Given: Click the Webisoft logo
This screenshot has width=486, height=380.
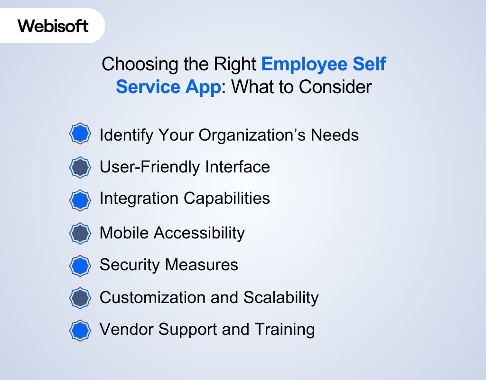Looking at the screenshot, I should click(x=53, y=26).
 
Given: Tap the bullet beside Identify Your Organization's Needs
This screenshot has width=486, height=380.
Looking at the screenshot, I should click(x=80, y=135).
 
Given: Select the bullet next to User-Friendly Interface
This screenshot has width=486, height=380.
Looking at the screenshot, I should click(x=80, y=167).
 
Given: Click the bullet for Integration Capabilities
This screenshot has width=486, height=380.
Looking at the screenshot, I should click(x=80, y=200).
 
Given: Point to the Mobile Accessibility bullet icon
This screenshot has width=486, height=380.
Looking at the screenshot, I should click(x=80, y=233).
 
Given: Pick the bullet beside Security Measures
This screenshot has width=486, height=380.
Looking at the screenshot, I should click(x=80, y=265).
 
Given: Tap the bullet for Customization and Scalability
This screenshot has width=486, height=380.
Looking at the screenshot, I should click(x=80, y=298).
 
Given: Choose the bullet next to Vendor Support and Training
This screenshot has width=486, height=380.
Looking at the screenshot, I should click(x=80, y=330).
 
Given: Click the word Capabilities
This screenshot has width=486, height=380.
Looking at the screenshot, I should click(x=227, y=198).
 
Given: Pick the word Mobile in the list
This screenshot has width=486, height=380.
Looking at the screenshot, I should click(x=124, y=233).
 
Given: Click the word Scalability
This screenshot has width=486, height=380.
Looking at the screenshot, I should click(x=281, y=297).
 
